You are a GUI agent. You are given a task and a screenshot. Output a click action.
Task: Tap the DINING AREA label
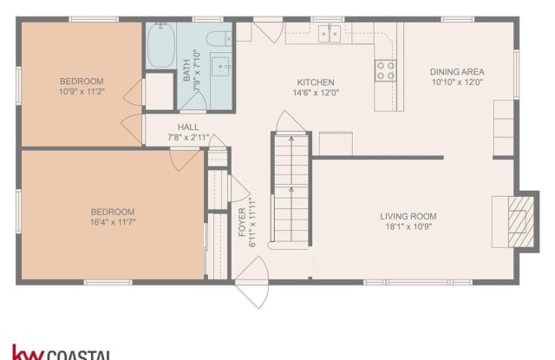tap(456, 72)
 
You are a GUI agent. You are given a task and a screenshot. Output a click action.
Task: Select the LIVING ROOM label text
tap(408, 216)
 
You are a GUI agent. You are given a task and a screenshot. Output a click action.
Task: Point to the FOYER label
tap(242, 223)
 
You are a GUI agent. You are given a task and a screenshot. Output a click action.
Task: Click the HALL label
tap(188, 127)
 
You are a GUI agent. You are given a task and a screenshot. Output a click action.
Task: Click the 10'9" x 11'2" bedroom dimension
tap(81, 91)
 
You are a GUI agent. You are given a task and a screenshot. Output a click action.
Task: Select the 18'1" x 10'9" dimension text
tap(408, 226)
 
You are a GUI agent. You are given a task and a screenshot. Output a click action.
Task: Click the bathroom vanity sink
tap(219, 69)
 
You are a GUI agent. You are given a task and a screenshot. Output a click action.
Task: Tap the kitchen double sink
tap(330, 33)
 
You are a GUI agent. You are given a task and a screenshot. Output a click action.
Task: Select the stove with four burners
tap(385, 69)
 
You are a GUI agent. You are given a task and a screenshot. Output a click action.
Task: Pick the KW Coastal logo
tap(61, 351)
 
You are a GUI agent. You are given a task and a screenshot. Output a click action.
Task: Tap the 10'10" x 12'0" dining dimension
tap(456, 82)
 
